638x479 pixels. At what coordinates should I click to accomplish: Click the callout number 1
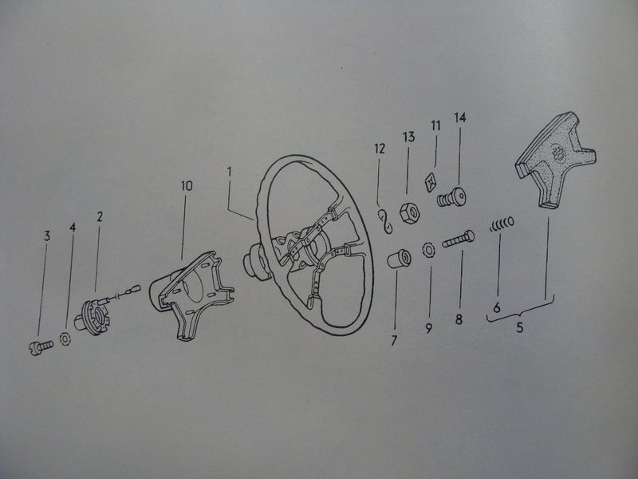[x=230, y=172]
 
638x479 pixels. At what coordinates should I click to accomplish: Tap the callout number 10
[x=187, y=186]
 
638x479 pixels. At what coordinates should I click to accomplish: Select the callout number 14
[x=460, y=117]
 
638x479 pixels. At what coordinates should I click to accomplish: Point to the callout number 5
[x=520, y=327]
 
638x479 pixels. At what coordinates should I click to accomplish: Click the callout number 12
[x=380, y=148]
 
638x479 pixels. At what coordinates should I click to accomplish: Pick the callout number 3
[x=47, y=236]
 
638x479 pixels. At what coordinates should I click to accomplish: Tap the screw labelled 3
[x=41, y=347]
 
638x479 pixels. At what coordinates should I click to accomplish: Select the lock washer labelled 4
[x=65, y=338]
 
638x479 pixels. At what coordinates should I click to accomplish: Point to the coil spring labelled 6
[x=502, y=224]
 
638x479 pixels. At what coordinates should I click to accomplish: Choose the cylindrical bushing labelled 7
[x=398, y=259]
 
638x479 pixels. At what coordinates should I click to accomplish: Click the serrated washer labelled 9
[x=429, y=250]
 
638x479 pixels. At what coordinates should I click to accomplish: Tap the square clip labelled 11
[x=431, y=182]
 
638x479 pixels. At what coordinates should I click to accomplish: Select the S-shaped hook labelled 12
[x=385, y=221]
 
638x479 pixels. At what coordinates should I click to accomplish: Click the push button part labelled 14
[x=451, y=196]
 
